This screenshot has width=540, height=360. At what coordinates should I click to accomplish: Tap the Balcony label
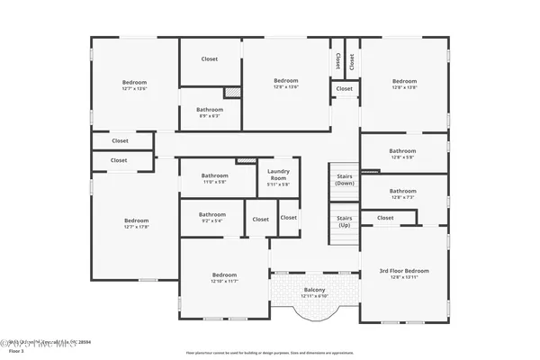(x=314, y=289)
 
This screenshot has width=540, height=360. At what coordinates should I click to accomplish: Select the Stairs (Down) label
(x=345, y=179)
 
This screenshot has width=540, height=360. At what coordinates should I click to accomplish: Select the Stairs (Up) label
(x=345, y=220)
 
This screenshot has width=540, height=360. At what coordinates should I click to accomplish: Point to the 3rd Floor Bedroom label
(x=403, y=270)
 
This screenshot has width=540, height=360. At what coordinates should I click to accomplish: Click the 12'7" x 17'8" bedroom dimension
(x=136, y=227)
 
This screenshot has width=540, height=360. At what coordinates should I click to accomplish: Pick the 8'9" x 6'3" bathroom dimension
(x=209, y=115)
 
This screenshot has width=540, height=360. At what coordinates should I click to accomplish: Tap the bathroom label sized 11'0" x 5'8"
(x=214, y=175)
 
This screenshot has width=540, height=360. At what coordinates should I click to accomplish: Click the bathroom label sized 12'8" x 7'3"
(x=402, y=191)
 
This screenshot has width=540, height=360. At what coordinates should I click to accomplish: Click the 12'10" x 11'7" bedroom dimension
(x=224, y=281)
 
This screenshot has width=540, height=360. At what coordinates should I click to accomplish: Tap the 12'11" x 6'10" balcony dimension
(x=314, y=296)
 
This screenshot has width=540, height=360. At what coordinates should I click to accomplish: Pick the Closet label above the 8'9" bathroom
(x=209, y=59)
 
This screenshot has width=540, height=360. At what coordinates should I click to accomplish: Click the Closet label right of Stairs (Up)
(x=385, y=218)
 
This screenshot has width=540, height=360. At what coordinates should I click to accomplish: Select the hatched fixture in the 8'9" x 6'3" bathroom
(x=231, y=92)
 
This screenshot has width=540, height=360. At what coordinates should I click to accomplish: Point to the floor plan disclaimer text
(x=269, y=352)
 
